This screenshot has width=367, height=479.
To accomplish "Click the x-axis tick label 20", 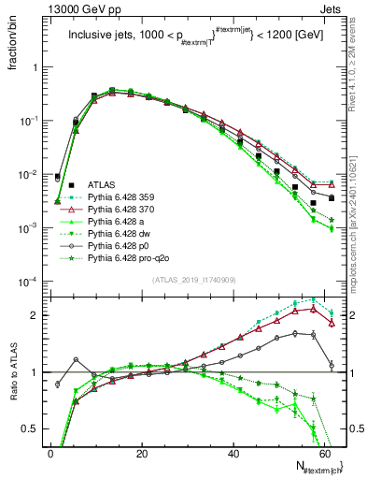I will tap(142, 454).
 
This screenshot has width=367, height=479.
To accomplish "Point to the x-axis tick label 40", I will tap(233, 454).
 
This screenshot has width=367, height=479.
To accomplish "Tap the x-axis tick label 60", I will tap(325, 454).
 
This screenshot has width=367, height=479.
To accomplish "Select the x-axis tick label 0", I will tap(50, 454).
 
